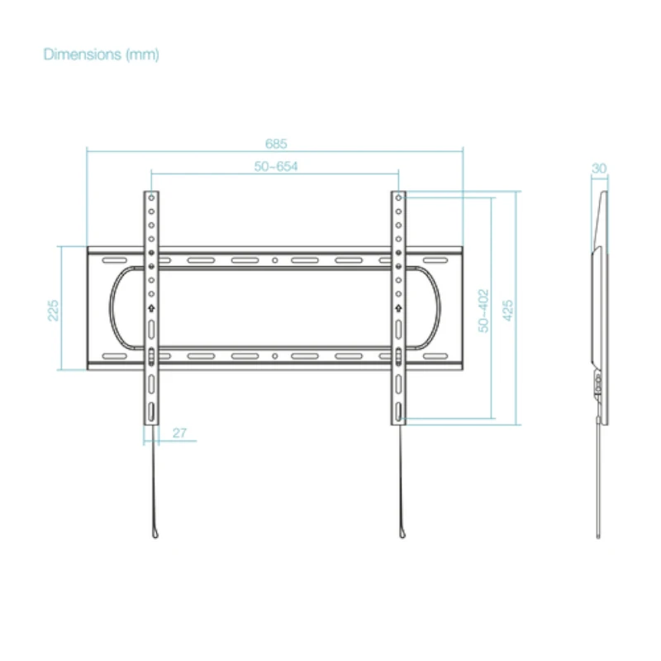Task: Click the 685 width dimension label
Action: coord(276,144)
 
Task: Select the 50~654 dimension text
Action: coord(276,167)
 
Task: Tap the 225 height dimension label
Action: coord(53,311)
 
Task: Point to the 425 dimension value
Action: coord(508,311)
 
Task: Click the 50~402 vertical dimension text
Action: coord(483,311)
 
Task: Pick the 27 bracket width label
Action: coord(179,433)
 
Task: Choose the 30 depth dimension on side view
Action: coord(599,169)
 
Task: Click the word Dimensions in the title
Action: coord(83,55)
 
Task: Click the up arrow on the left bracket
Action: coord(151,308)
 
